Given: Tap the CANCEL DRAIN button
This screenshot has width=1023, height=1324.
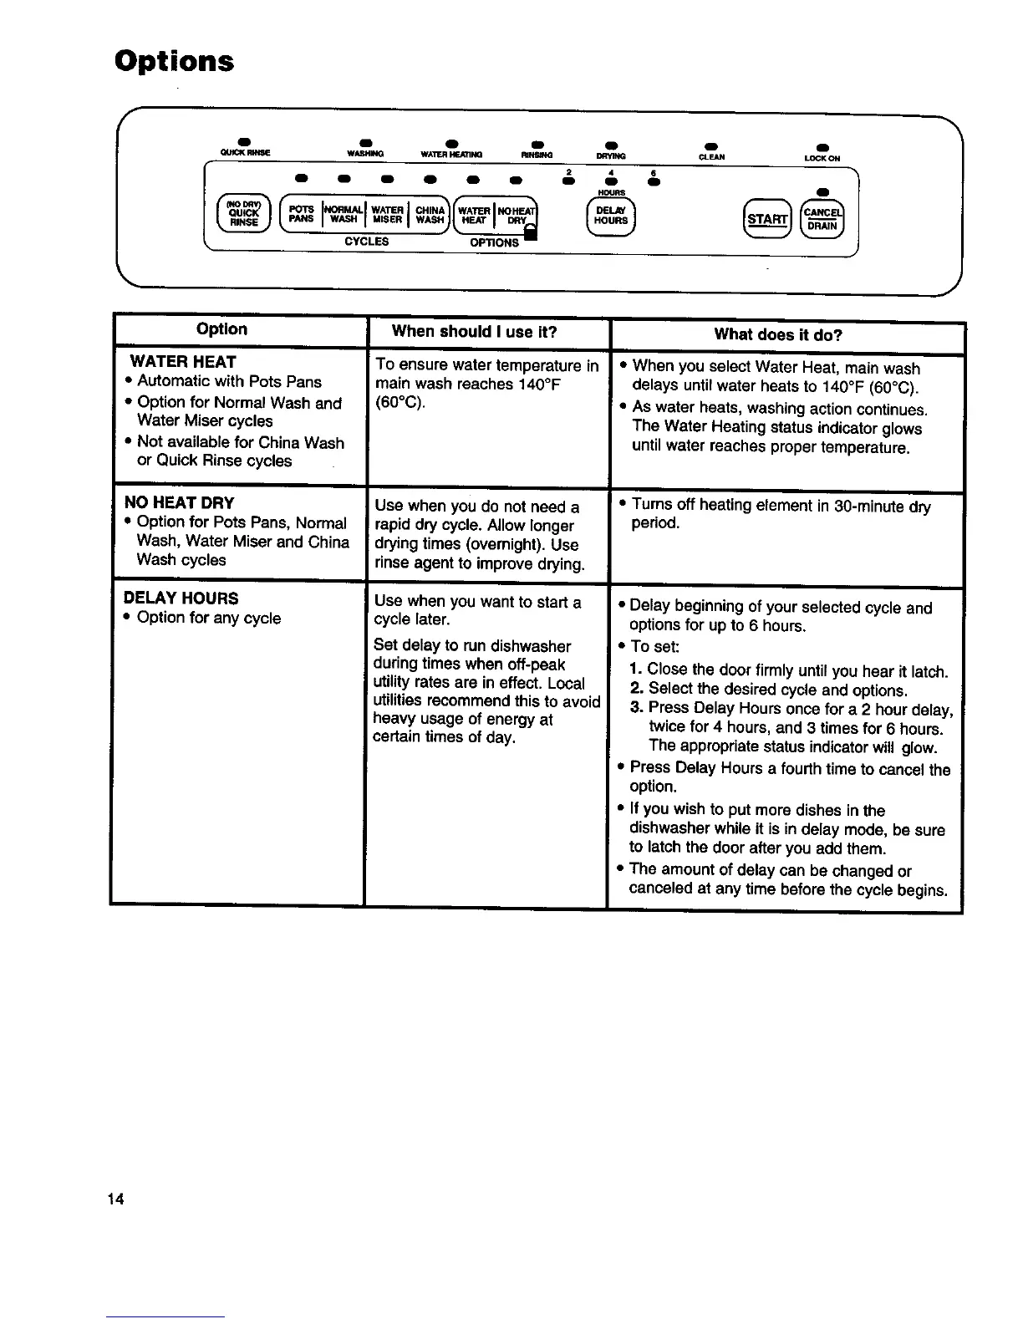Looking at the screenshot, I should click(823, 220).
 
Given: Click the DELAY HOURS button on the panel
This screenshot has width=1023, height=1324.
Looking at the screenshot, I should click(611, 216).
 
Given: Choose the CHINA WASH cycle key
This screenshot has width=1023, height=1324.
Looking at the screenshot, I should click(430, 215).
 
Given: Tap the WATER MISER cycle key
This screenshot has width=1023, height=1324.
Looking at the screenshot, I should click(388, 215).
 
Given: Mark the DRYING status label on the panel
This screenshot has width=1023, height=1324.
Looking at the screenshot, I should click(611, 156).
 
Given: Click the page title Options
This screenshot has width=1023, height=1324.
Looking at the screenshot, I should click(174, 61).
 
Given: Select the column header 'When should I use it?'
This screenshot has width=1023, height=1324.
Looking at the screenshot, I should click(474, 332).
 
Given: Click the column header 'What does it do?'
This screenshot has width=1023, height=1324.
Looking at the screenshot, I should click(777, 335).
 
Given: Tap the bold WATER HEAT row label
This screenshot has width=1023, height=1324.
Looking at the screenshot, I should click(183, 362).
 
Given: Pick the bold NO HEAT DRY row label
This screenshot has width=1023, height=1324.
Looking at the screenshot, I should click(179, 502).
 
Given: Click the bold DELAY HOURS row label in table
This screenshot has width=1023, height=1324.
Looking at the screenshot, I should click(181, 598).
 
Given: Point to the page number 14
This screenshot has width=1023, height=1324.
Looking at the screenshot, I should click(115, 1199).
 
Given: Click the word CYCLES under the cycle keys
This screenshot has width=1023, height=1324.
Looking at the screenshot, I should click(366, 242).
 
